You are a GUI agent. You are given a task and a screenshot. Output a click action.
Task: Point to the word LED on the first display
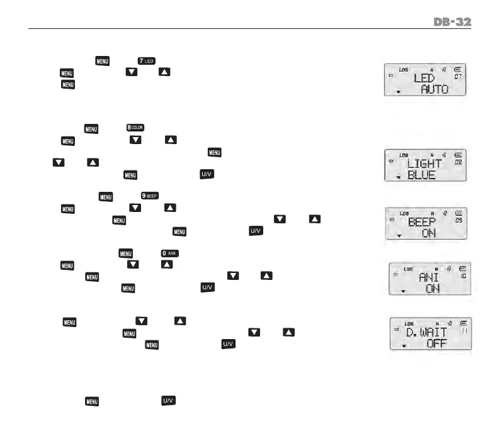pos(428,79)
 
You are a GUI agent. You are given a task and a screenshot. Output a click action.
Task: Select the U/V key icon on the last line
pos(168,400)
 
